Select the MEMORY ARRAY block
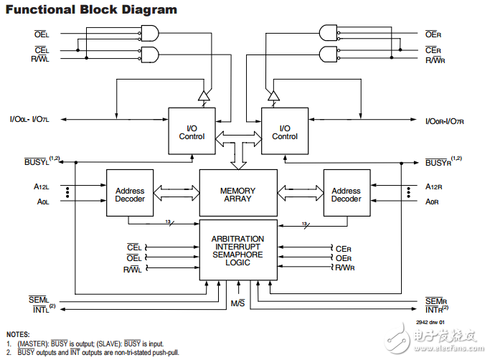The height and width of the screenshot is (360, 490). (x=237, y=194)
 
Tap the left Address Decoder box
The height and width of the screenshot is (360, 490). (x=130, y=194)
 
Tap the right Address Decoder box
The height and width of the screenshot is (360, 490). (x=346, y=194)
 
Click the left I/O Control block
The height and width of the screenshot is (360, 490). (x=192, y=131)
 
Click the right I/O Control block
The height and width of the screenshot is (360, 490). (x=284, y=131)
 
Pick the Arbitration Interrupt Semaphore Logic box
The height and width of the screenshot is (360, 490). (x=237, y=250)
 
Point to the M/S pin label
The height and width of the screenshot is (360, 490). (x=238, y=303)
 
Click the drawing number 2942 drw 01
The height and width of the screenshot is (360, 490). (x=430, y=322)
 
